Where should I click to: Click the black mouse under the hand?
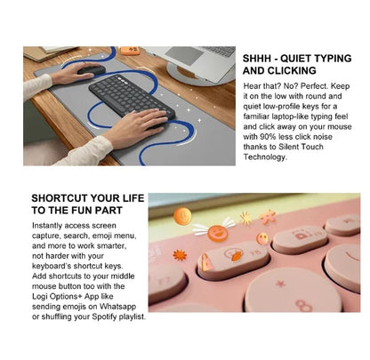[x=92, y=70]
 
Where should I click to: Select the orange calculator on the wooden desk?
[x=130, y=50]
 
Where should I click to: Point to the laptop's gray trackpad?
[x=184, y=55]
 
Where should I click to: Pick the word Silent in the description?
[x=290, y=147]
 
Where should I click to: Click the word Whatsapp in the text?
[x=117, y=307]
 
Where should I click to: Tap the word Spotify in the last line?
[x=104, y=316]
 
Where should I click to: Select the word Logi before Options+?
[x=40, y=297]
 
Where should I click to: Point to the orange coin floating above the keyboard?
[x=182, y=216]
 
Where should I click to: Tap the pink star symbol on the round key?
[x=280, y=284]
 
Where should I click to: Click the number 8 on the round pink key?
[x=303, y=306]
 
